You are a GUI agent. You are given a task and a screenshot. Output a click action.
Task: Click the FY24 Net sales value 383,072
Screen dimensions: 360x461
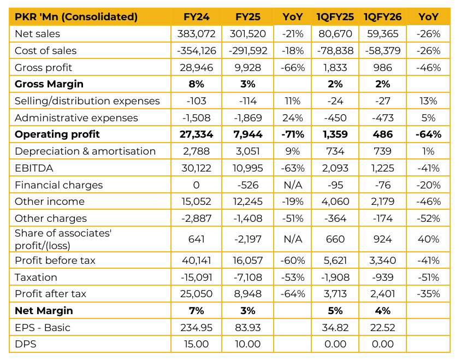[197, 34]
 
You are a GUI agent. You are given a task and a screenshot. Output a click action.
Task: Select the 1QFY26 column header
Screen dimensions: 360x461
[382, 17]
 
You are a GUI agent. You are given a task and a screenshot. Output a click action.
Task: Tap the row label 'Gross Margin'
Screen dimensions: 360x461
[49, 84]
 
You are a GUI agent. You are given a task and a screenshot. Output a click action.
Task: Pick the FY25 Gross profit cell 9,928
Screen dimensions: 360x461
[247, 68]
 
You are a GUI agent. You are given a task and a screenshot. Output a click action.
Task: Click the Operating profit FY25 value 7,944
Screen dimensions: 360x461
[247, 134]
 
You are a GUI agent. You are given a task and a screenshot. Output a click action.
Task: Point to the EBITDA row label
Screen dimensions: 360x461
[33, 168]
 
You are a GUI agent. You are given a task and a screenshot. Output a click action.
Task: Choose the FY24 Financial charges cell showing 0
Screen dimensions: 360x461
[197, 185]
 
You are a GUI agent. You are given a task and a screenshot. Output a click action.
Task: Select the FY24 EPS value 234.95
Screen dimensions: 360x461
[197, 328]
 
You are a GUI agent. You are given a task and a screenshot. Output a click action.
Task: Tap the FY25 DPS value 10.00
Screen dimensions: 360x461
[247, 344]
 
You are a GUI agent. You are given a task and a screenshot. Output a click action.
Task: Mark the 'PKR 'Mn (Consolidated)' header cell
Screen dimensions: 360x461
[76, 17]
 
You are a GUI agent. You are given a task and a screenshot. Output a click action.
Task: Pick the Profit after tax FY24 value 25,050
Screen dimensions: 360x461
[197, 294]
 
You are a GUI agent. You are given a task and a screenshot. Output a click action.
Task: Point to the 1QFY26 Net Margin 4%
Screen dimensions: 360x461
[382, 311]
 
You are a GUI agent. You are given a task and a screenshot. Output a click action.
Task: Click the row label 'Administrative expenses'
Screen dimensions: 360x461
[76, 118]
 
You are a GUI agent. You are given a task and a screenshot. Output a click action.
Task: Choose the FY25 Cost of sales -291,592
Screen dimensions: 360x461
[247, 51]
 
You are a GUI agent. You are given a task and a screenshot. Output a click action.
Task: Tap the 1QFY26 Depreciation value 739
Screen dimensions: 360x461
[382, 151]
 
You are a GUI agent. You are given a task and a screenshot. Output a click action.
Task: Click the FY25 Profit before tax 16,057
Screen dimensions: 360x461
[247, 261]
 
